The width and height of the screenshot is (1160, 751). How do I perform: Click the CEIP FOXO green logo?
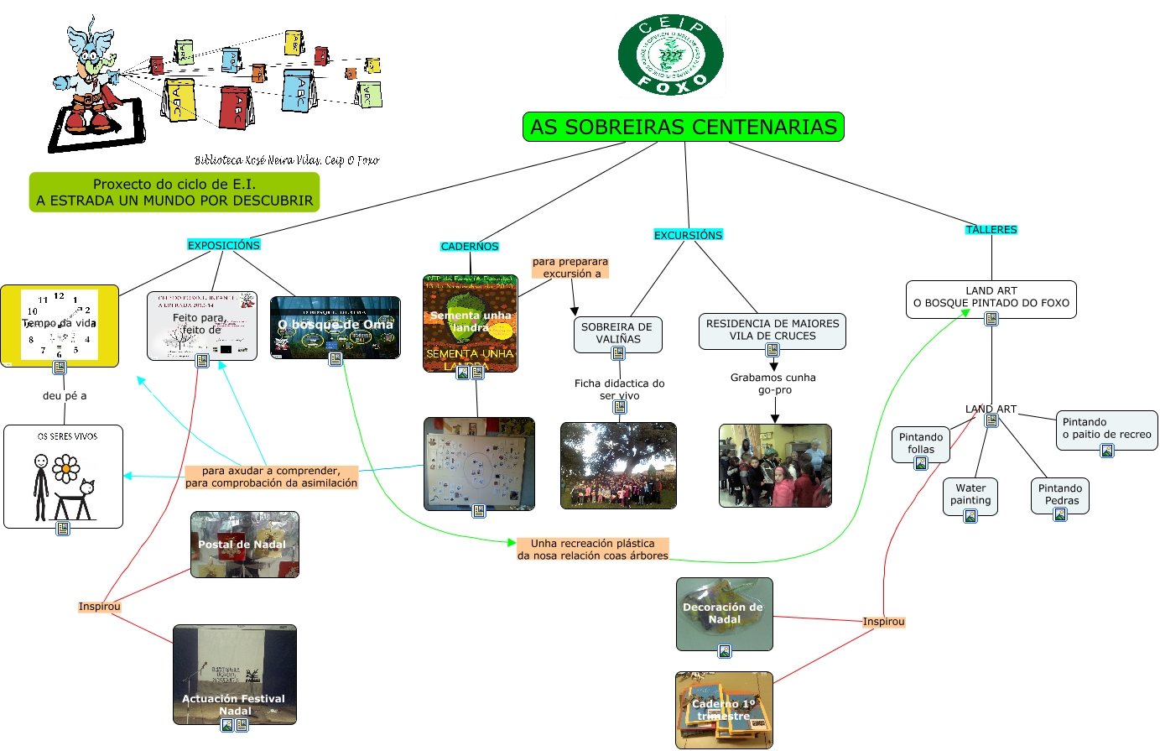tap(671, 55)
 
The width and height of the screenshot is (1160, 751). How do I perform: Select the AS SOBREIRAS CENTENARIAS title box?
tap(684, 128)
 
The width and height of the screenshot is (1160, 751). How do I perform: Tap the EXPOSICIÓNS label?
tap(224, 245)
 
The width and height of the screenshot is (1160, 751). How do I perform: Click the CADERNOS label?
tap(470, 247)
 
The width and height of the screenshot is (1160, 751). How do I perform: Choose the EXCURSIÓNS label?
tap(688, 235)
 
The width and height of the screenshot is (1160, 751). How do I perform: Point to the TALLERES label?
tap(991, 230)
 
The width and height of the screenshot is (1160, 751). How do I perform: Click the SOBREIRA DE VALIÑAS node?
tap(617, 333)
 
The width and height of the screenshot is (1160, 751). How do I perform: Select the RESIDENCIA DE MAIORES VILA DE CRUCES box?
tap(772, 330)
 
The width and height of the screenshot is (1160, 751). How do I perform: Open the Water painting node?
tap(970, 495)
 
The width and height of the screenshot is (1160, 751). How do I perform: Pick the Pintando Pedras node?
tap(1060, 495)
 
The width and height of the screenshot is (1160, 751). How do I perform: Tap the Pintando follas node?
tap(921, 444)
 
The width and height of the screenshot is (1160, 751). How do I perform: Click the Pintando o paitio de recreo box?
tap(1106, 429)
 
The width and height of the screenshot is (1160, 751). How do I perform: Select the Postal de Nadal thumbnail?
tap(244, 545)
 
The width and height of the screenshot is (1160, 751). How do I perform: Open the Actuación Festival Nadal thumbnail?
tap(235, 674)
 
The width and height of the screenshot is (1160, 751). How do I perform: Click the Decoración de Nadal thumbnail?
tap(724, 613)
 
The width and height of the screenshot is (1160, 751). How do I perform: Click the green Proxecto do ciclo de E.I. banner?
tap(174, 192)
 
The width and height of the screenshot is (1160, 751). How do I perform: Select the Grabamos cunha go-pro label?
tap(773, 383)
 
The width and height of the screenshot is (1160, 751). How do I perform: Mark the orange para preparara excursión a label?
tap(570, 268)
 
